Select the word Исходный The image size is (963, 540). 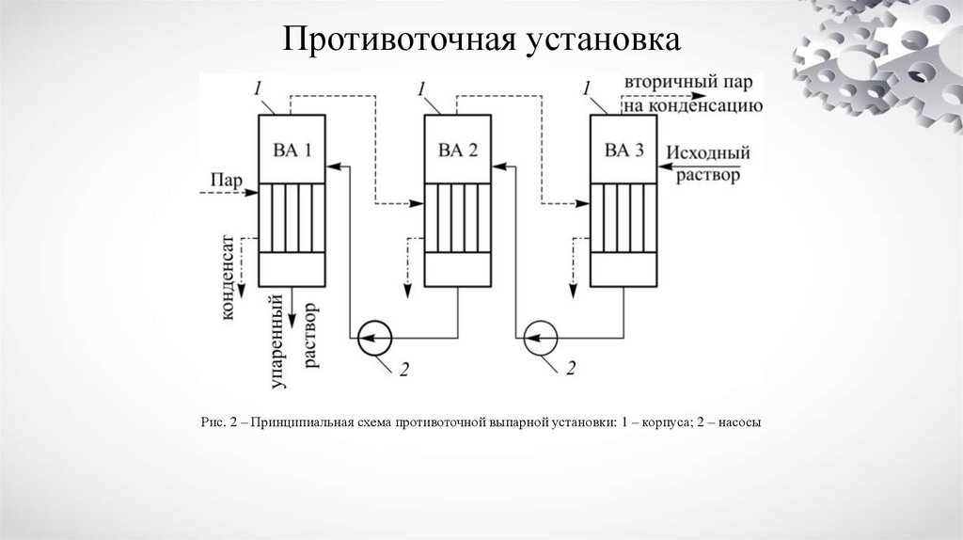coord(708,151)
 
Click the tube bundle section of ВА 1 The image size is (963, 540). coord(292,217)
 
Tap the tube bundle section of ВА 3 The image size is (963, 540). coord(624,217)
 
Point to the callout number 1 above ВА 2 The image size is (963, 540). coord(422,88)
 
